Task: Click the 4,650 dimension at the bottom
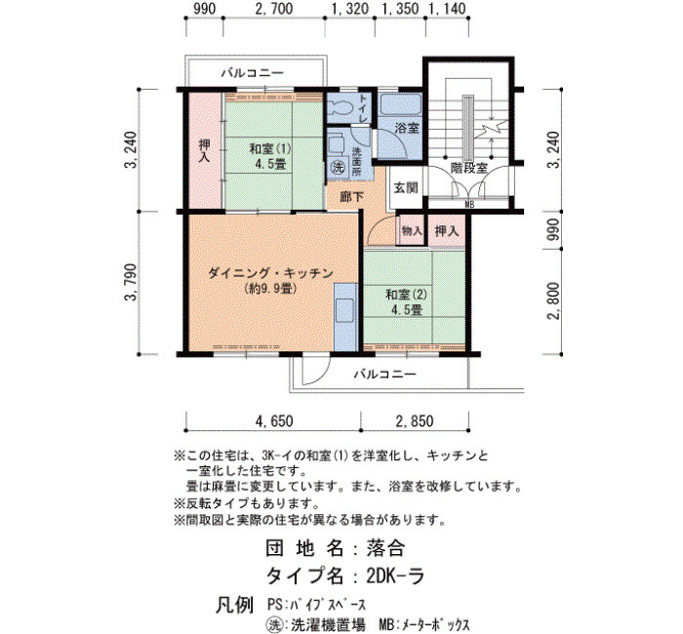[274, 421]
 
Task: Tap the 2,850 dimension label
[415, 421]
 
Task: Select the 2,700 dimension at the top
[273, 9]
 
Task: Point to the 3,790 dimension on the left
[131, 282]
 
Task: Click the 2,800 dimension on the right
[553, 300]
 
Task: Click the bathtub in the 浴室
[401, 105]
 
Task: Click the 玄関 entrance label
[407, 187]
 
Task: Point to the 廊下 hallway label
[352, 197]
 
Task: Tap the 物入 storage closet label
[412, 231]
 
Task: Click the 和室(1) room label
[270, 149]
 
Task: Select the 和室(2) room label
[407, 295]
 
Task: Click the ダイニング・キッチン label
[270, 273]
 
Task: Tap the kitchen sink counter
[345, 316]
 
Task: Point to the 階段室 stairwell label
[468, 168]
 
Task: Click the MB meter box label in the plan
[469, 204]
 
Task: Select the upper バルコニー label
[252, 73]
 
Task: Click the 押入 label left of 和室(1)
[204, 150]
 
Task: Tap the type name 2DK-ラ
[395, 576]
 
